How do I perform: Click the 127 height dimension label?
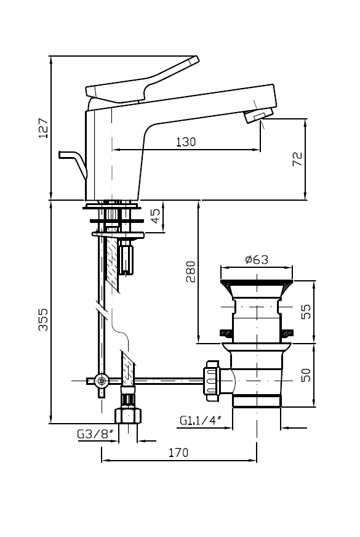44,128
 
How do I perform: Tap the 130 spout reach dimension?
186,142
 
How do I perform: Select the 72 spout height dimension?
297,159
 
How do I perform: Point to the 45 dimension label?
155,216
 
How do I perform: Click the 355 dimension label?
44,320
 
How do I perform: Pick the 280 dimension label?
191,272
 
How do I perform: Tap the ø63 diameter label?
257,259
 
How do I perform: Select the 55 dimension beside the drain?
306,312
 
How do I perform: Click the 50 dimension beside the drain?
306,374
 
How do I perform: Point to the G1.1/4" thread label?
201,420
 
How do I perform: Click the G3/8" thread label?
95,434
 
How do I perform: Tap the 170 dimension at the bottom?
178,453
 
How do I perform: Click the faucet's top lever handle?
142,81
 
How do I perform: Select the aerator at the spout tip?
258,115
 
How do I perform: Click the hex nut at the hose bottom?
128,415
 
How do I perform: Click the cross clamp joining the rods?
102,381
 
